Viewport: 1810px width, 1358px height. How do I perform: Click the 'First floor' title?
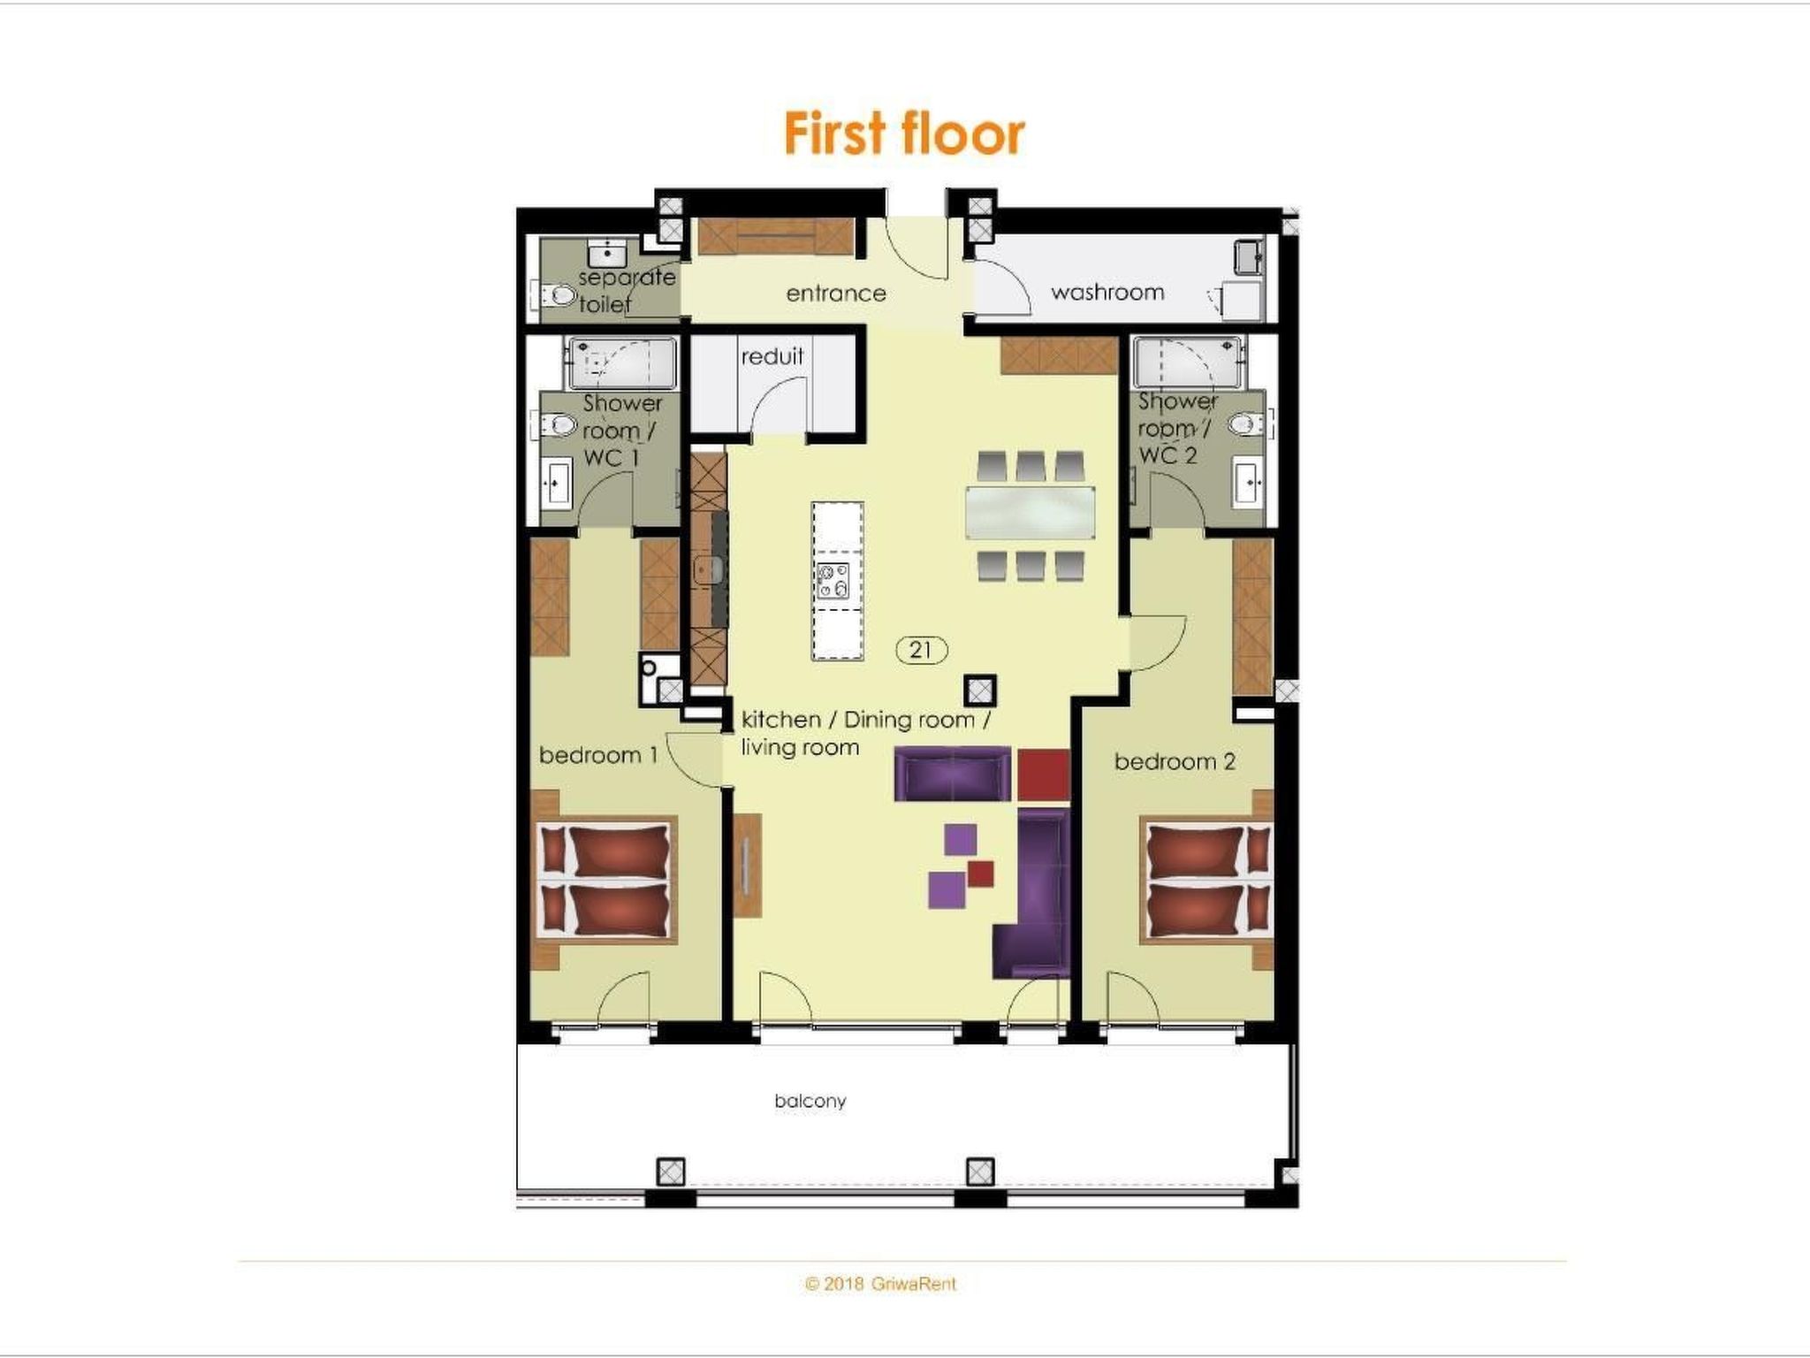[x=904, y=134]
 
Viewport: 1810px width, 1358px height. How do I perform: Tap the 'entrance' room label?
[x=836, y=294]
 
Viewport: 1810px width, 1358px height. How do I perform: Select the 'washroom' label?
[x=1107, y=292]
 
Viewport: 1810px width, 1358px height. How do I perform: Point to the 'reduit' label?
[x=772, y=356]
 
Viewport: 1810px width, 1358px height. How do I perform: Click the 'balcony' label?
[x=810, y=1101]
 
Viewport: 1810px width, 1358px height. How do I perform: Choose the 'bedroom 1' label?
[x=598, y=755]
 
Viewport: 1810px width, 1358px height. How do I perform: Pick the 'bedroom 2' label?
[x=1175, y=761]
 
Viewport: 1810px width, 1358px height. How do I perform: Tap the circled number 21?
[x=921, y=650]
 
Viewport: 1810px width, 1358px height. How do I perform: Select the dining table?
[x=1030, y=512]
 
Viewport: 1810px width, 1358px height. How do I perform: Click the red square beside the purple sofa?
[x=1044, y=774]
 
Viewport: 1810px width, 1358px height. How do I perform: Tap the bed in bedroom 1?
[x=606, y=880]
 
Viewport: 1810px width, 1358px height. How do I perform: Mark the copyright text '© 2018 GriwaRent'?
[x=880, y=1284]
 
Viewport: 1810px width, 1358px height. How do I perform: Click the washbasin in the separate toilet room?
[x=606, y=253]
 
